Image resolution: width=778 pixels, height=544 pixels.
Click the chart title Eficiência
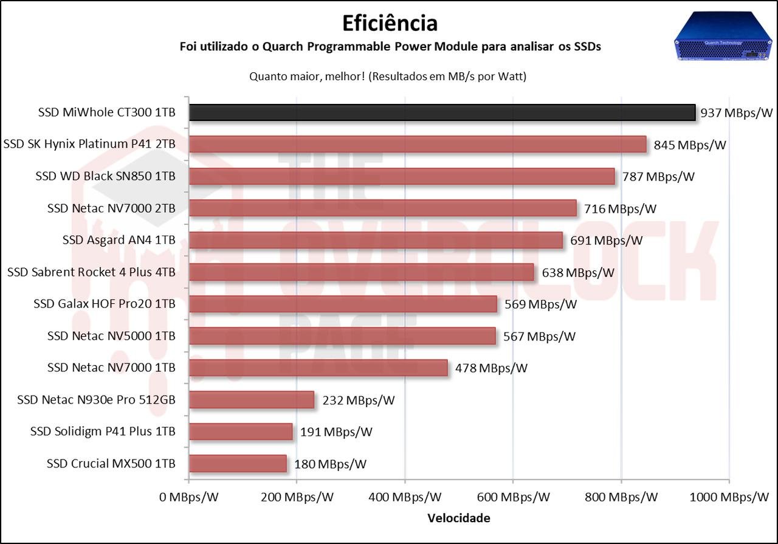(x=390, y=23)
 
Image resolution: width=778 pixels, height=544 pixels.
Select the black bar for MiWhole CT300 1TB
(x=442, y=112)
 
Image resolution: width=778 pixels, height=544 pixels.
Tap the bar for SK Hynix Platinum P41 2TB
(x=418, y=144)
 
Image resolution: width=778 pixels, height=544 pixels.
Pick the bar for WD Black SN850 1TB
(x=402, y=176)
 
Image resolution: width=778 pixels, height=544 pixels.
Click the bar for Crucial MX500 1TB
(x=238, y=463)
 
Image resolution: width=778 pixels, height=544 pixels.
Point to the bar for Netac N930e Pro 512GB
(x=252, y=399)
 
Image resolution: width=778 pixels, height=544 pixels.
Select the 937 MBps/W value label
(x=735, y=112)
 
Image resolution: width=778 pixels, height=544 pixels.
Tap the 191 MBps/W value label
(x=336, y=432)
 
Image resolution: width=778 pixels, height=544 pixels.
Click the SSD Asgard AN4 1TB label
(x=119, y=240)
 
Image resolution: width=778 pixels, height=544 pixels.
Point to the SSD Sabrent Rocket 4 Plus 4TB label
(x=91, y=272)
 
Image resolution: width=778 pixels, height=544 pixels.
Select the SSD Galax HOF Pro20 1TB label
(x=105, y=304)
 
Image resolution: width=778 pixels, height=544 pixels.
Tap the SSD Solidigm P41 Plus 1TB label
(x=103, y=432)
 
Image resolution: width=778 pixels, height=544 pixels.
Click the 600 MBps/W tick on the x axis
(x=513, y=497)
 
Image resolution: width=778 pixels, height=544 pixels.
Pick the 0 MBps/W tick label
(x=188, y=497)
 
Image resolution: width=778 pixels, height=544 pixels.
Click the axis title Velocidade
(x=459, y=518)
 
